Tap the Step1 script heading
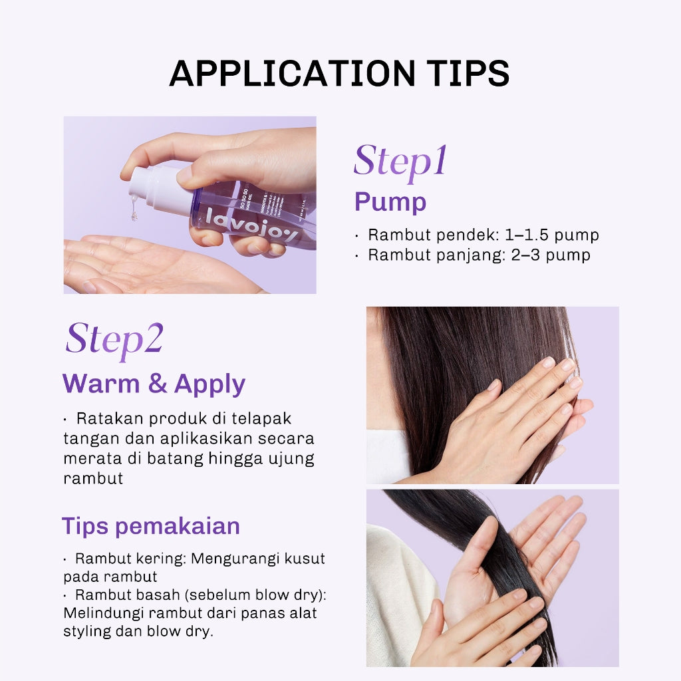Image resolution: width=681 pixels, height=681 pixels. point(400,161)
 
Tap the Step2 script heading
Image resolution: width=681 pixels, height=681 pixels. point(114,339)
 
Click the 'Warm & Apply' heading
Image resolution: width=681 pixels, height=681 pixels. point(154,384)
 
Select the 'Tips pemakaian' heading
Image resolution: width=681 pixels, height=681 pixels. point(151,526)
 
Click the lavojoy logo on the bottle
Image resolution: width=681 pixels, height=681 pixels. point(243,220)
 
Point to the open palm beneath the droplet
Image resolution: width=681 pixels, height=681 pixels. point(146,266)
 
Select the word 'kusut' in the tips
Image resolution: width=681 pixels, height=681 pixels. point(307,559)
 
